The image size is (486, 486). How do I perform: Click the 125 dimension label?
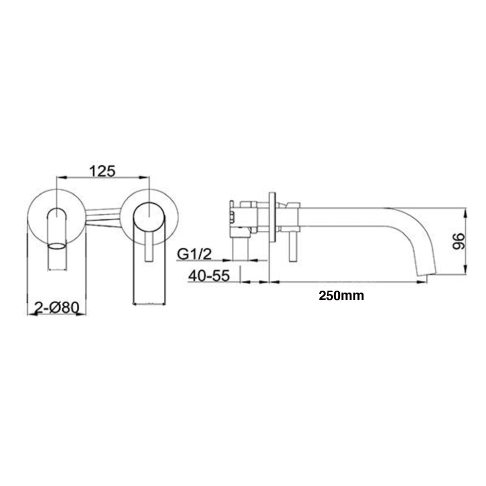point(102,171)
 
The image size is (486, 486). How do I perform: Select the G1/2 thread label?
point(194,253)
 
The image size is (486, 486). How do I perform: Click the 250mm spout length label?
point(341,295)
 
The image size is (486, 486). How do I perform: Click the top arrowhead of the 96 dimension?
point(466,212)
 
